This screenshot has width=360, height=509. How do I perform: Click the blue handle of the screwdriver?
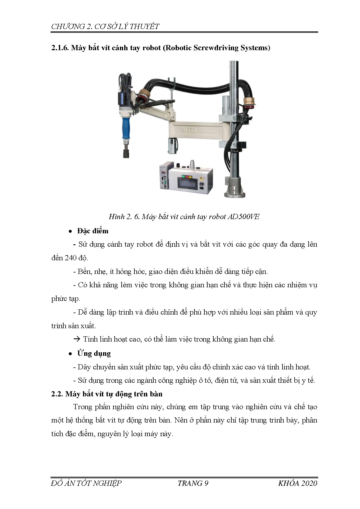(x=126, y=127)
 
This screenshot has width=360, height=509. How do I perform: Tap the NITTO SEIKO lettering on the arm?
(x=197, y=130)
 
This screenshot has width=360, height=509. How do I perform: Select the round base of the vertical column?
(x=235, y=189)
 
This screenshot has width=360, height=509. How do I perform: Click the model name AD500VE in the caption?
(x=243, y=217)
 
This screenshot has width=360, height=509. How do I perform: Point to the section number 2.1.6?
(x=60, y=48)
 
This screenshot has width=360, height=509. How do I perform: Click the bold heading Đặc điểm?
(x=93, y=231)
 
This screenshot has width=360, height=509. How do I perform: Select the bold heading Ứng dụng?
(x=94, y=353)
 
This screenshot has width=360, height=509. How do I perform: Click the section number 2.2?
(x=57, y=394)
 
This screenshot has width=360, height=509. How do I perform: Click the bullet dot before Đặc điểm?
(x=70, y=231)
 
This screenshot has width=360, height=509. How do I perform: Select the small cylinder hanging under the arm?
(x=172, y=146)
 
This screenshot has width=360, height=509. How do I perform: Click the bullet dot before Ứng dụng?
(x=70, y=354)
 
